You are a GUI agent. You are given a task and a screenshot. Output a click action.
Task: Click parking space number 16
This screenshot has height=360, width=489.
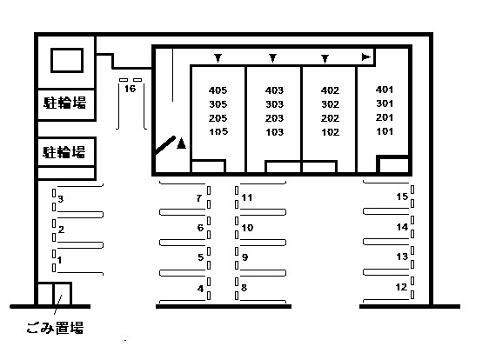[x=130, y=89]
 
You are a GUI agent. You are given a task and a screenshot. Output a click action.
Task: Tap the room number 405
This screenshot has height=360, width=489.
[x=218, y=90]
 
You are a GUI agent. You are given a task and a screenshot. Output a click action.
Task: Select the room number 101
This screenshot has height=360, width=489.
[x=385, y=131]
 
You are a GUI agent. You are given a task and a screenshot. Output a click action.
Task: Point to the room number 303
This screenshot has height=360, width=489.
[x=274, y=104]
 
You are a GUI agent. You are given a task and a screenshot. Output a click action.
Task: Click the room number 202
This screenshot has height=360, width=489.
[x=330, y=118]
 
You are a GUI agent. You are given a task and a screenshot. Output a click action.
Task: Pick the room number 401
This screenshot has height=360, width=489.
[x=385, y=90]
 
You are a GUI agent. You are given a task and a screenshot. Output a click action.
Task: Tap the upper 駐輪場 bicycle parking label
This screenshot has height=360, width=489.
[x=64, y=103]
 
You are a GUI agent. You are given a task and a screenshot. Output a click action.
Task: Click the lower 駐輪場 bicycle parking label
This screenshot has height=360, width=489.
[x=64, y=152]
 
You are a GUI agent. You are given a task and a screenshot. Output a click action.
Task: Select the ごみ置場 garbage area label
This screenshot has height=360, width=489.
[x=55, y=328]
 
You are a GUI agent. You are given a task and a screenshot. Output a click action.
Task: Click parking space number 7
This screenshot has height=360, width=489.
[x=199, y=198]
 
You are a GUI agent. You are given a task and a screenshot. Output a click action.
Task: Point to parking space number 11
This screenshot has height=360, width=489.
[x=247, y=197]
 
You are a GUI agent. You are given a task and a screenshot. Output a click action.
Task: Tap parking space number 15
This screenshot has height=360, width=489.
[x=402, y=197]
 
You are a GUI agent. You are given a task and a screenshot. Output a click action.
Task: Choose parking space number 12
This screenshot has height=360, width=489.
[x=401, y=287]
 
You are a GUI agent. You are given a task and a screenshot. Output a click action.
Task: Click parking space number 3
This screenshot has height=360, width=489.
[x=61, y=198]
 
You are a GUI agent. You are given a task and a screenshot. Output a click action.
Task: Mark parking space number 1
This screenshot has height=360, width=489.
[x=59, y=260]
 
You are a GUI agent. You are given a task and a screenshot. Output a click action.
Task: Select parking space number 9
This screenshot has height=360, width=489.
[x=245, y=257]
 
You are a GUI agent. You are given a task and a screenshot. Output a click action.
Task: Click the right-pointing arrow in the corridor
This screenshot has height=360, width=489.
[x=365, y=57]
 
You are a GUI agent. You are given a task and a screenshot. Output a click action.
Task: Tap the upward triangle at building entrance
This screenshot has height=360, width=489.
[x=181, y=143]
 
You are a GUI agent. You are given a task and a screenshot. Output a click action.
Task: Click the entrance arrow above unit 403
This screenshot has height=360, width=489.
[x=273, y=58]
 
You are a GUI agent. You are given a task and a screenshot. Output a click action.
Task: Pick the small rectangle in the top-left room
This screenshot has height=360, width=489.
[x=67, y=61]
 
